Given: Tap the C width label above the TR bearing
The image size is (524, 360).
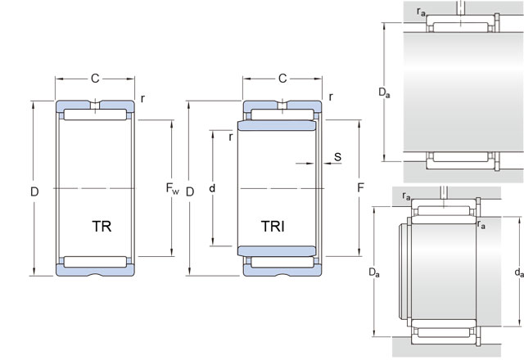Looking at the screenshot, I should (95, 79).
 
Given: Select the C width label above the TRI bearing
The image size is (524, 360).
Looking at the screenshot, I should (282, 79).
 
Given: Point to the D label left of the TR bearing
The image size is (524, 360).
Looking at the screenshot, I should (34, 191).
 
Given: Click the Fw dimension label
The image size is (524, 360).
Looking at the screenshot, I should (172, 191).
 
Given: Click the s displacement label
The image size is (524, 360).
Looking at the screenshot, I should (337, 156).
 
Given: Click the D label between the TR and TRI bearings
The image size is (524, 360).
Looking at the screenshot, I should (189, 191).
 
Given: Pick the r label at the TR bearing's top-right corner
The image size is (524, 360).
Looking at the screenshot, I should (143, 98).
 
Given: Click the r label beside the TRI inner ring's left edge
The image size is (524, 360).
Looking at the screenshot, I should (231, 137).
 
